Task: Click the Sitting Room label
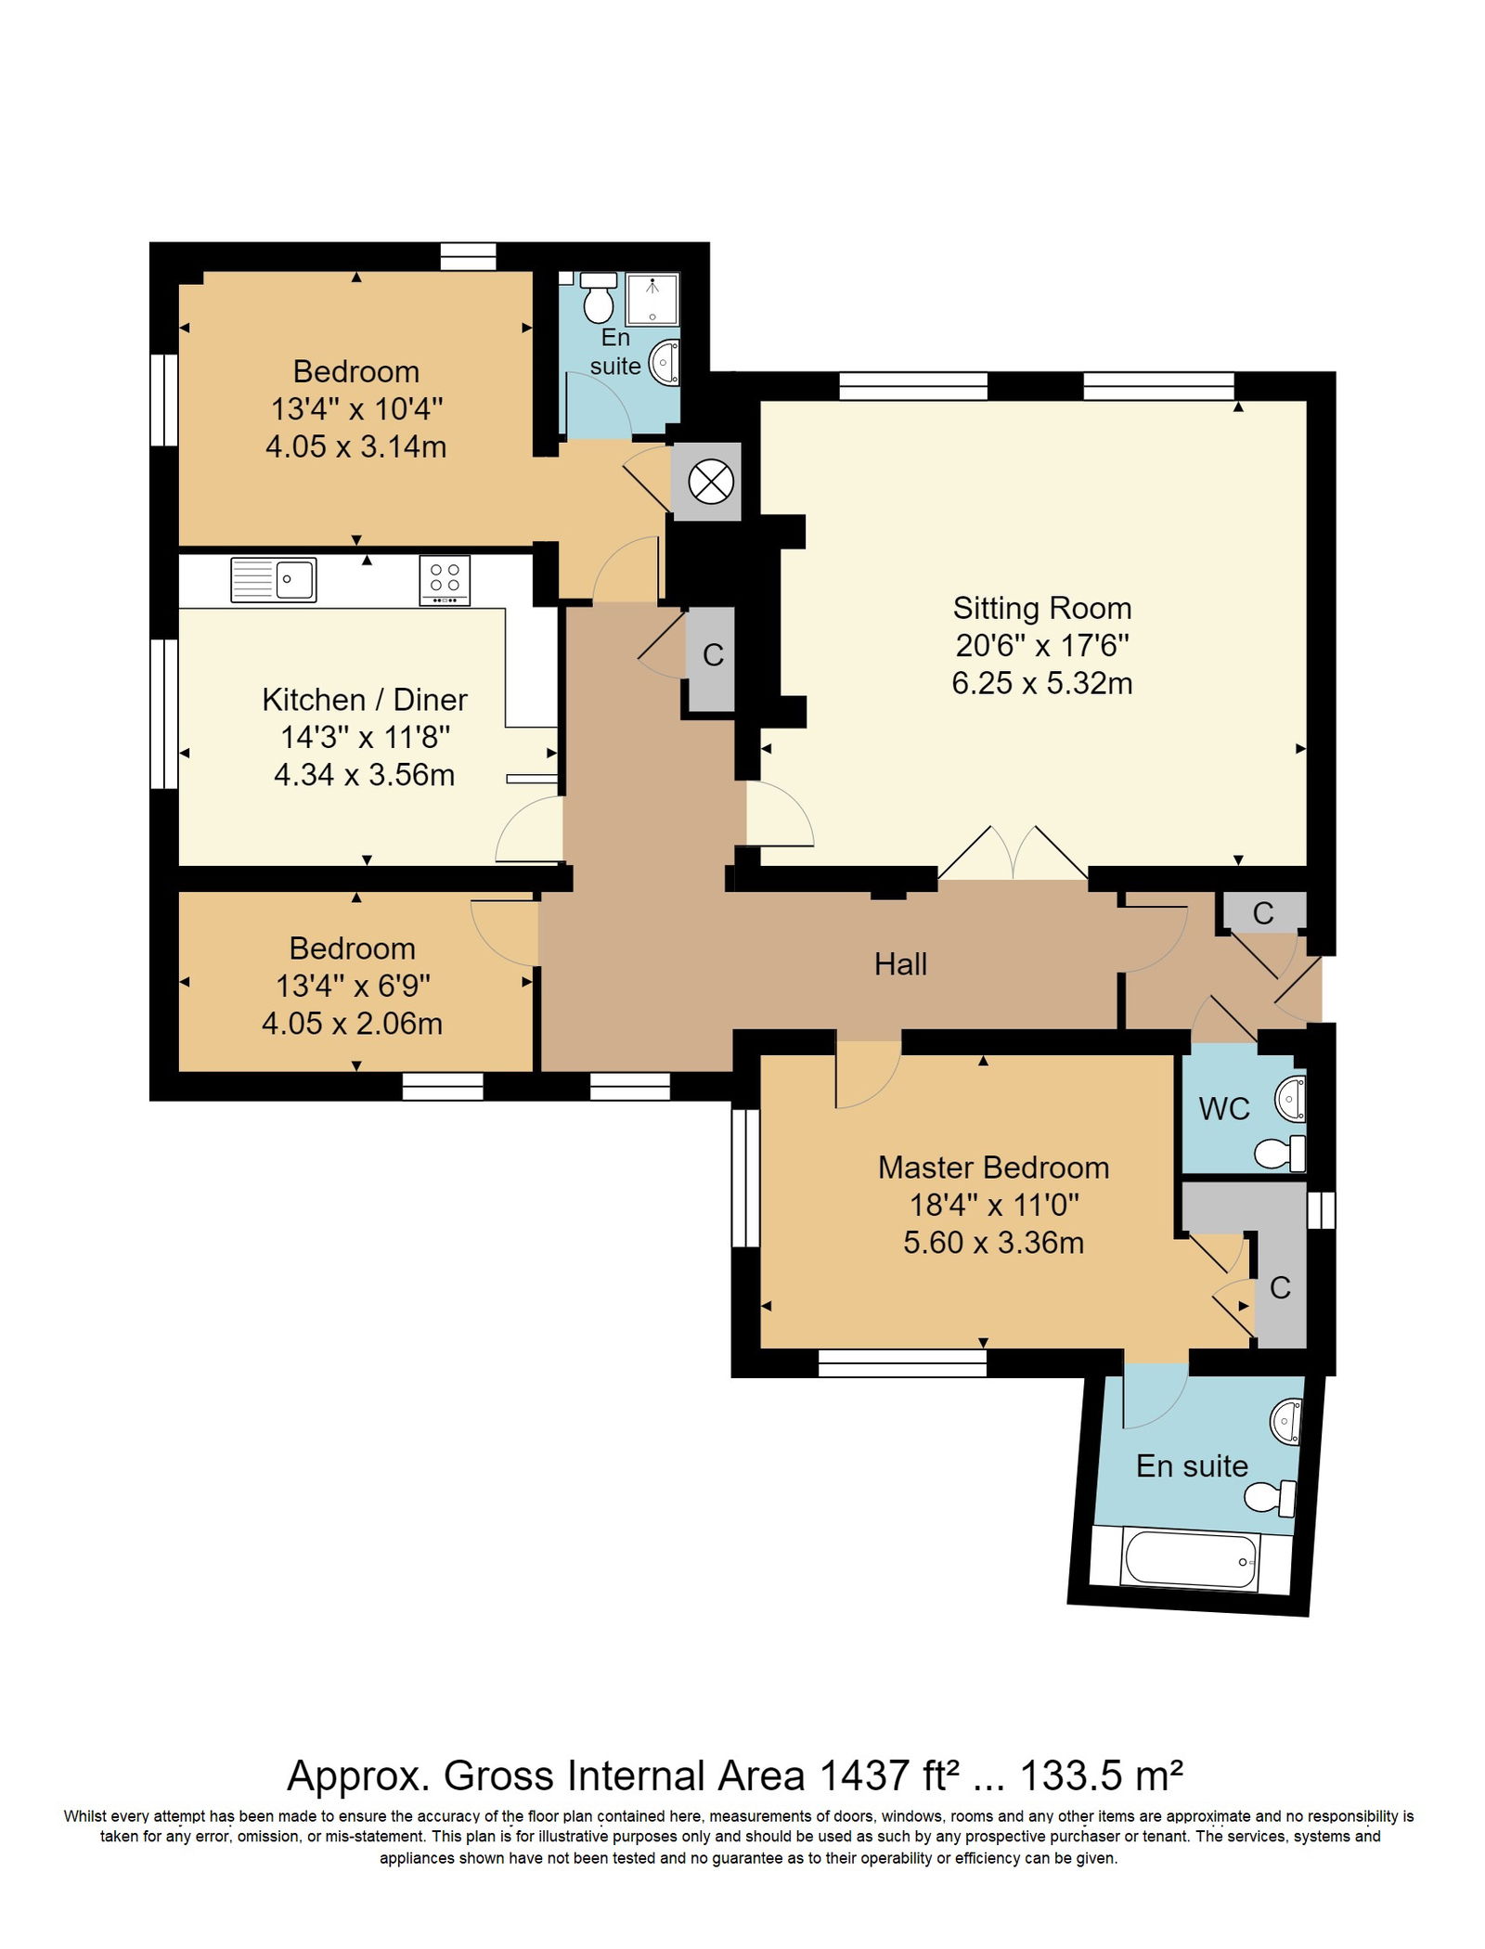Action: click(1041, 608)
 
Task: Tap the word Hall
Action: click(900, 964)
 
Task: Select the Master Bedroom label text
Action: click(993, 1168)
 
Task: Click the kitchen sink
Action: click(274, 579)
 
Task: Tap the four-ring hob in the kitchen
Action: click(445, 579)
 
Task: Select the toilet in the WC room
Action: click(1280, 1154)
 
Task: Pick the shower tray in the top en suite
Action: click(652, 298)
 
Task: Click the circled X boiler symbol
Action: click(711, 482)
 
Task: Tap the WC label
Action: click(1223, 1108)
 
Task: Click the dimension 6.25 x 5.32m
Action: click(1041, 683)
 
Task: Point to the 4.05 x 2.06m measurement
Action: click(352, 1023)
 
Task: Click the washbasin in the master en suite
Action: click(1285, 1421)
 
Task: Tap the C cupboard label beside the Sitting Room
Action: click(713, 655)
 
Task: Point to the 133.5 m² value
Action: click(1101, 1776)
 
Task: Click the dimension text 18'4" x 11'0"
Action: click(993, 1205)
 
